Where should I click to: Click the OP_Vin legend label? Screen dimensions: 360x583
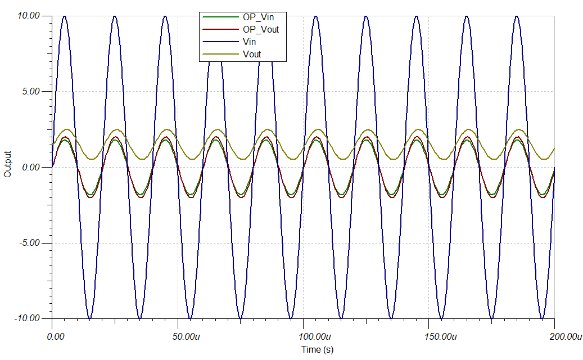[259, 17]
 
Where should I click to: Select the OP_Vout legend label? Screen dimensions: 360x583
[261, 29]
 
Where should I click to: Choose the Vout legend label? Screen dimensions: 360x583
[252, 54]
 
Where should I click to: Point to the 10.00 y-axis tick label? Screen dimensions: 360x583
[28, 16]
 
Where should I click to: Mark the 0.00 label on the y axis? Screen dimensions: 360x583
[30, 167]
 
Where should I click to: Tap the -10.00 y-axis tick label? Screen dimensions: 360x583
[26, 318]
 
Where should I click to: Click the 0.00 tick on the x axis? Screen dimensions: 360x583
[55, 336]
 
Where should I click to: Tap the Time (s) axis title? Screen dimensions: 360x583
[317, 350]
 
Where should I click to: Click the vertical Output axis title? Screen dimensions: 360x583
[7, 164]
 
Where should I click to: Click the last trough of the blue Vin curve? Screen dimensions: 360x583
[542, 318]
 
